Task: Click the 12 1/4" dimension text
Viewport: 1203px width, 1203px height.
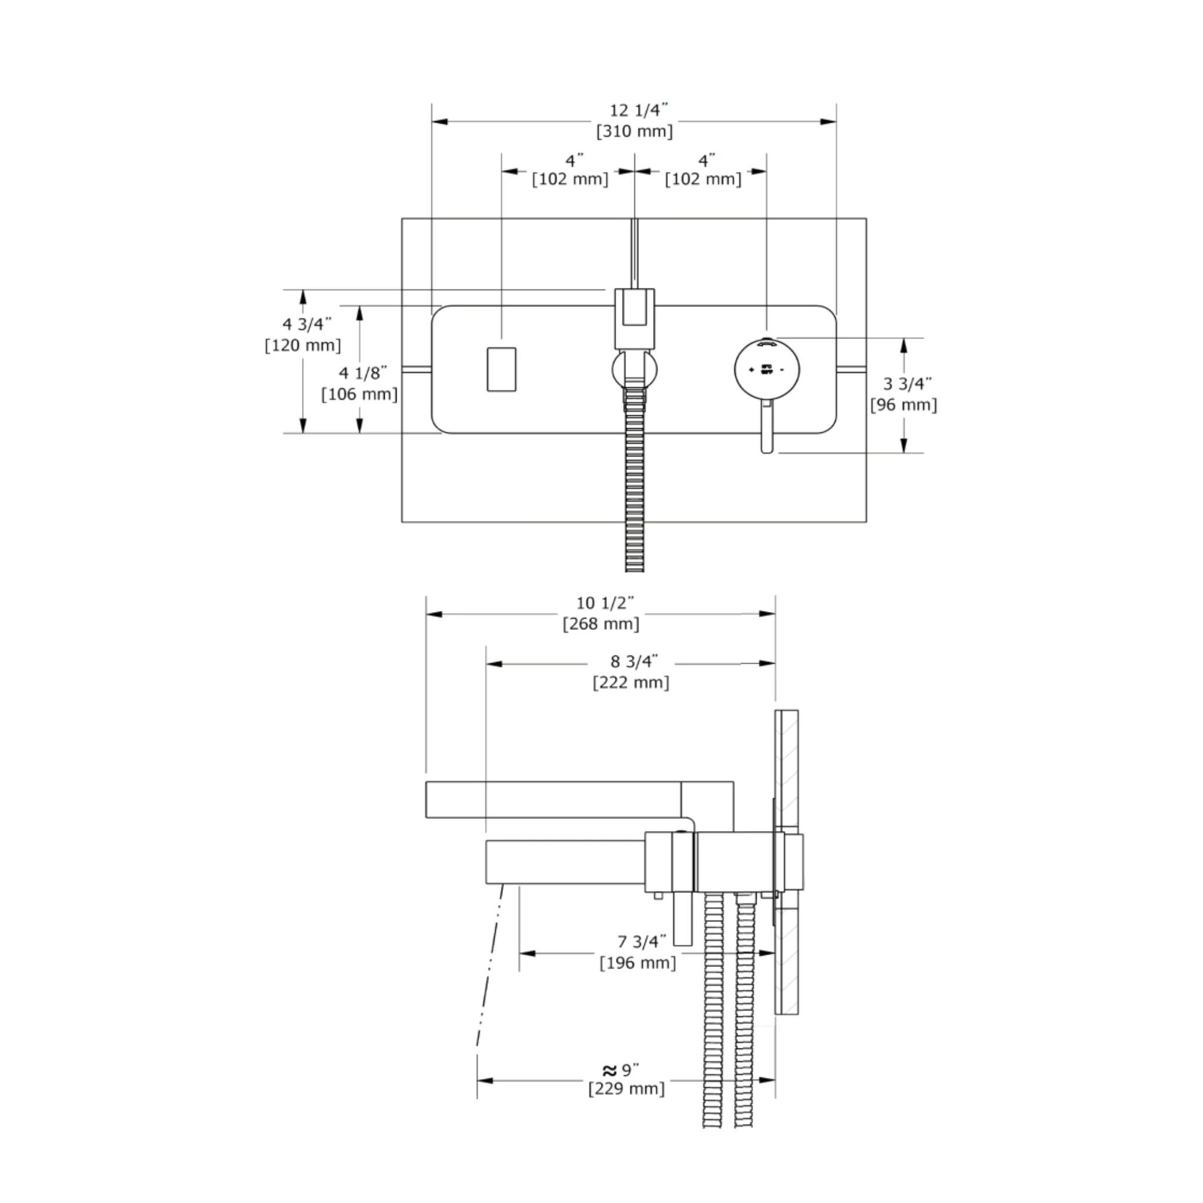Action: pos(639,110)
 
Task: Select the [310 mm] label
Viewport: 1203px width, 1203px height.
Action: pos(634,132)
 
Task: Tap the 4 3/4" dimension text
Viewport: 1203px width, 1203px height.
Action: pos(307,324)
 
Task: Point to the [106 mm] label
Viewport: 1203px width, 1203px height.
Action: pos(359,394)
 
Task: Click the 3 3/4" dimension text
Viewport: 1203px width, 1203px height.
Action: pos(907,384)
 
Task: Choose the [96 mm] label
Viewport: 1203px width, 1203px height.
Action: pos(903,405)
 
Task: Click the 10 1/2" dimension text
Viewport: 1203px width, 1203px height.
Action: pos(604,603)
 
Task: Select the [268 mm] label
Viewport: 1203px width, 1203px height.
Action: pos(601,624)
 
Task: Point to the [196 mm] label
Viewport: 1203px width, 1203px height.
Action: pos(637,963)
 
